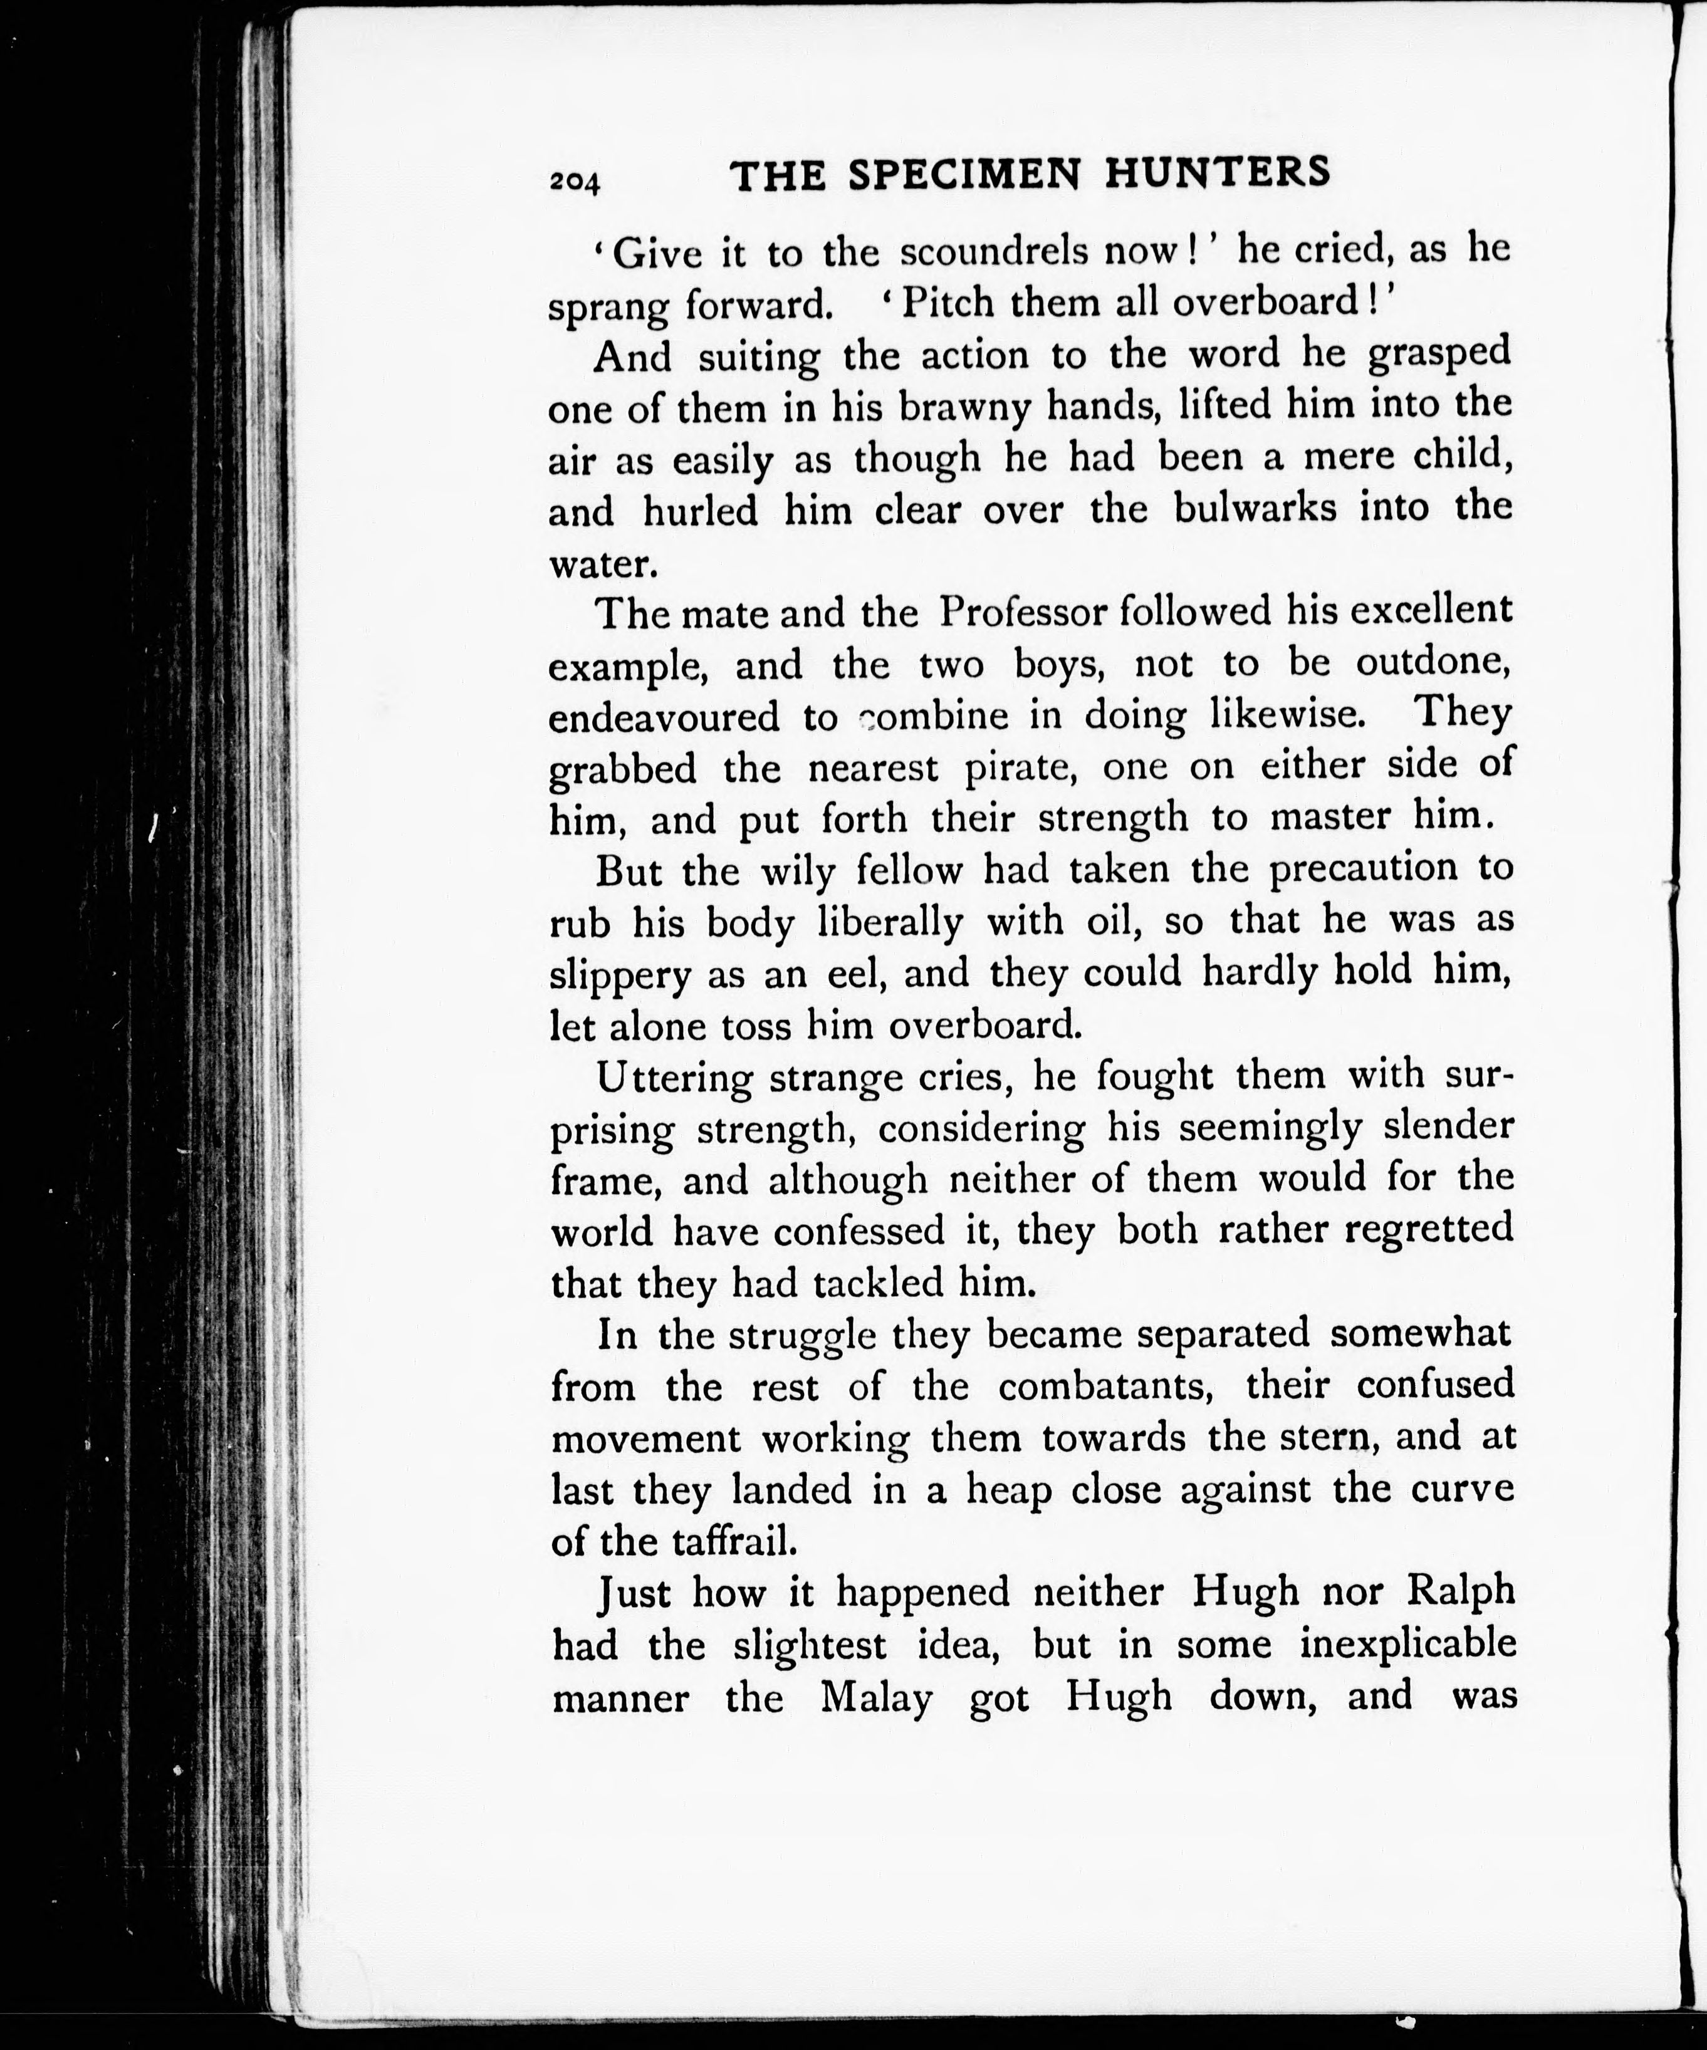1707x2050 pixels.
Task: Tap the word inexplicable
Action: click(x=1407, y=1645)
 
